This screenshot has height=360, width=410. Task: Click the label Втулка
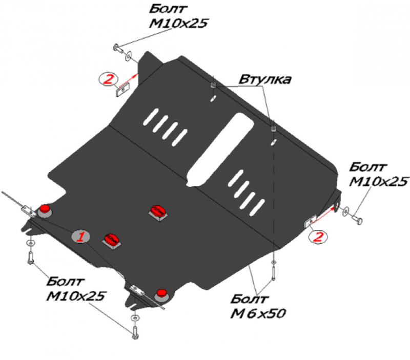tap(265, 79)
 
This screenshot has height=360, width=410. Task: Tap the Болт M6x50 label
tap(258, 306)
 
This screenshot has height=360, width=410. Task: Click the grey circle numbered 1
tap(81, 237)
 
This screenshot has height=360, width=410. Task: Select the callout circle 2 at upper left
tap(108, 79)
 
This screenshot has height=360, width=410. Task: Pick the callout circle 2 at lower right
tap(318, 237)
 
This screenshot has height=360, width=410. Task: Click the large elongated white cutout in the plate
tap(220, 150)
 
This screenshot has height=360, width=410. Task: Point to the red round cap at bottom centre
tap(162, 292)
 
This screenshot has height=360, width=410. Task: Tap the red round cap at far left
tap(45, 208)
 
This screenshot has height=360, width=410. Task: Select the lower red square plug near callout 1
tap(112, 239)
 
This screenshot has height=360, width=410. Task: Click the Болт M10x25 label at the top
tap(178, 16)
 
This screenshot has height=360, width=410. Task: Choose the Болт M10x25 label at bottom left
tap(76, 289)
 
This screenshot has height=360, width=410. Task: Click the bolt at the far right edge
tap(357, 219)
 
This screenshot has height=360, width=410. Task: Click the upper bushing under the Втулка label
tap(213, 85)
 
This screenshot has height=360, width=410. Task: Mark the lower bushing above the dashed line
tap(274, 129)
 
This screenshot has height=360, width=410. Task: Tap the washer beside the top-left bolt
tap(128, 56)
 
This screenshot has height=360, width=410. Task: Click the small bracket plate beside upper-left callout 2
tap(123, 89)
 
